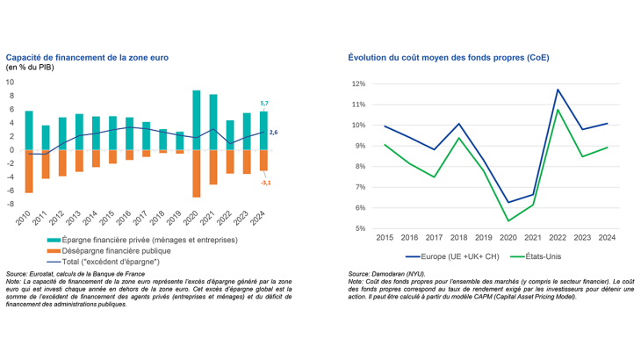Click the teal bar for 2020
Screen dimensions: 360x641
(x=197, y=120)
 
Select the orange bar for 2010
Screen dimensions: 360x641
(x=29, y=171)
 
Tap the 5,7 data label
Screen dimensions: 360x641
(x=263, y=104)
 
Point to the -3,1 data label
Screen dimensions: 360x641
(x=264, y=182)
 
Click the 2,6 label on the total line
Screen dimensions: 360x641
(x=273, y=133)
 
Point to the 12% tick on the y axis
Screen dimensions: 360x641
(x=358, y=84)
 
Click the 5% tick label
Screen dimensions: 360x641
(x=360, y=229)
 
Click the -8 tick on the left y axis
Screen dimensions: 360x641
(x=11, y=205)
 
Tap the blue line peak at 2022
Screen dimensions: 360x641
(x=557, y=90)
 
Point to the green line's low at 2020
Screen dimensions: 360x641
(x=508, y=220)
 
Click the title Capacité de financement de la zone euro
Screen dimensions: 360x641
(x=88, y=57)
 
